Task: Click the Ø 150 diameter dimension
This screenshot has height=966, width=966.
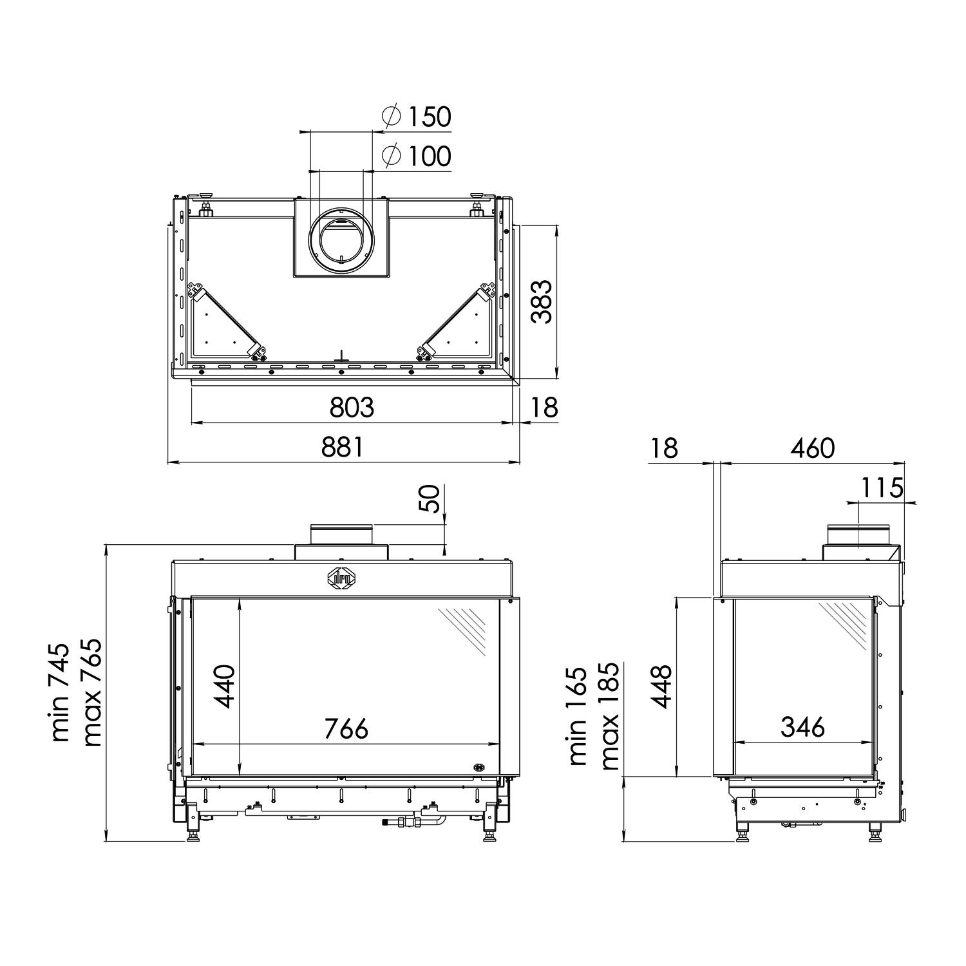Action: (416, 117)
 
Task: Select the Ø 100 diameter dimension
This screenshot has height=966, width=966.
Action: (416, 156)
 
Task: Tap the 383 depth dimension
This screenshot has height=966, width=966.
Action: (542, 301)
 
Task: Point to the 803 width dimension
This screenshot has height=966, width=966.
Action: (352, 408)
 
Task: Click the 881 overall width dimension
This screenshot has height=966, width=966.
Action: (343, 447)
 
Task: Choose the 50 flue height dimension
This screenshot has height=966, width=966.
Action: (432, 498)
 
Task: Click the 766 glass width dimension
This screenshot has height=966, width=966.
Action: (346, 728)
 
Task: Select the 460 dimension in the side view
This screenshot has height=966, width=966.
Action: (812, 448)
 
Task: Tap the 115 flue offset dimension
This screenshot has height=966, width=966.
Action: (882, 488)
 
